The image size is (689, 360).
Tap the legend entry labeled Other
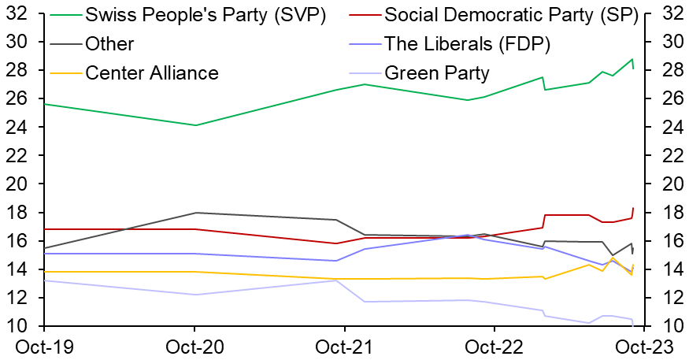pos(109,44)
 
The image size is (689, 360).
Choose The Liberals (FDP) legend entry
pos(467,44)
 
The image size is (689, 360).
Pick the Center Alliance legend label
pos(151,73)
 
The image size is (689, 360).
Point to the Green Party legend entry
pos(437,73)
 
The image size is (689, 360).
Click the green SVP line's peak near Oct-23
pos(632,59)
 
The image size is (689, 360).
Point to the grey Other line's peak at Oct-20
pos(194,213)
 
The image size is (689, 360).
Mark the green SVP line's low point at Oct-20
pos(195,125)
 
